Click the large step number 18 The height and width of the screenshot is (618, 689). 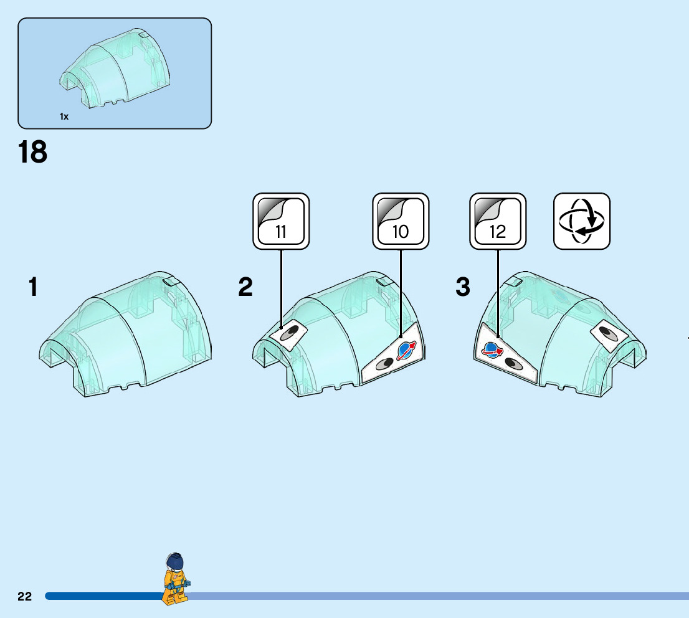click(33, 152)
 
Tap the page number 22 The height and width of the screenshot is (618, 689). click(24, 596)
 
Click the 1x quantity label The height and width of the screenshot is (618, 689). click(64, 116)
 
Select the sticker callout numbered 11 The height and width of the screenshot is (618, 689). click(281, 221)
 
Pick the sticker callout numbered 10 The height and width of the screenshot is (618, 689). click(401, 221)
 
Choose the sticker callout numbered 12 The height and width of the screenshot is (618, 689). click(498, 221)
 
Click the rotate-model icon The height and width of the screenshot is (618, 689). click(582, 221)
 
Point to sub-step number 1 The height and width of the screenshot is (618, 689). click(33, 288)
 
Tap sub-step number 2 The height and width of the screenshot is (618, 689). click(245, 288)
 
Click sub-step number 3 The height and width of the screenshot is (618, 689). click(463, 288)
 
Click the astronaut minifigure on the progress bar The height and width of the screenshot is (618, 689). click(175, 579)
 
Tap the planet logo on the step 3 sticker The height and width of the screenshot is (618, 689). click(492, 350)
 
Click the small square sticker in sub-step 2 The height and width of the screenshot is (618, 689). click(290, 333)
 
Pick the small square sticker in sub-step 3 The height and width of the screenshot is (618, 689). click(609, 335)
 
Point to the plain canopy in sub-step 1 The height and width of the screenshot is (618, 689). click(125, 336)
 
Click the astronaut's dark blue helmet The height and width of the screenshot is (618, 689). click(176, 561)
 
